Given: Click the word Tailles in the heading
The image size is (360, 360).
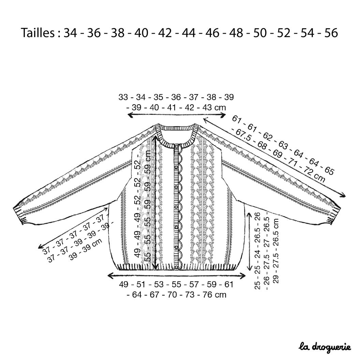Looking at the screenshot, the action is (38, 33).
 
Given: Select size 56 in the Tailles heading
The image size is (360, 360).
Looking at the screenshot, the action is (331, 33).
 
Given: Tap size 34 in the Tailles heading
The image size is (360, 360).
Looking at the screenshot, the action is (70, 33).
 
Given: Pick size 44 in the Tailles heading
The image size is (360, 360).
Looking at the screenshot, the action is (189, 33).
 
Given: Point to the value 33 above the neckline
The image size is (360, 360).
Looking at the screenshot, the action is (123, 97).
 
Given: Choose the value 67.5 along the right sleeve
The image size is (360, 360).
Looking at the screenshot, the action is (243, 135).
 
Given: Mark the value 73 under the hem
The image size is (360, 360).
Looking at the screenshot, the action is (190, 295).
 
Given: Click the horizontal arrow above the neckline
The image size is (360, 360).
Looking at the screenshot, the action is (177, 115).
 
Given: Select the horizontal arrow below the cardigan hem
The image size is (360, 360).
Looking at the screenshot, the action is (177, 276).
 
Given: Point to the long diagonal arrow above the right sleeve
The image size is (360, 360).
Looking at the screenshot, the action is (274, 157).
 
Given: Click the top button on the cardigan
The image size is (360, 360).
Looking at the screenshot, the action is (177, 146).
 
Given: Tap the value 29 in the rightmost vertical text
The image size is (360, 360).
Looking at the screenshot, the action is (275, 279).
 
